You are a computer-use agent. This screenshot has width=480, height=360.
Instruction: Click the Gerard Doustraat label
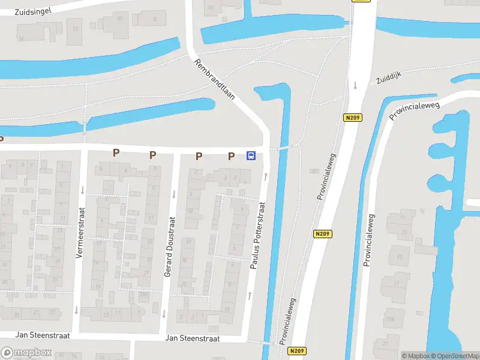pyautogui.click(x=169, y=254)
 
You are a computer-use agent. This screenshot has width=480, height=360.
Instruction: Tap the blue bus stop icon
pyautogui.click(x=251, y=156)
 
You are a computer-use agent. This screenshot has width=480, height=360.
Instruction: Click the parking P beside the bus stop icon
pyautogui.click(x=231, y=157)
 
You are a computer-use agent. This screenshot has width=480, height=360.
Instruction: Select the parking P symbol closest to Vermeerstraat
pyautogui.click(x=116, y=153)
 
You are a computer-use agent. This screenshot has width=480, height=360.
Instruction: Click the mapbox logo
pyautogui.click(x=26, y=353)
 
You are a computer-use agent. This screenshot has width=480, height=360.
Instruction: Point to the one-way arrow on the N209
pyautogui.click(x=355, y=85)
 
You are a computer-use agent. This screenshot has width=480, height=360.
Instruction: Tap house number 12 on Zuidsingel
pyautogui.click(x=75, y=28)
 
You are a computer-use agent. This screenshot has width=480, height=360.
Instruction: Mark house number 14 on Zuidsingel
pyautogui.click(x=20, y=39)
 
